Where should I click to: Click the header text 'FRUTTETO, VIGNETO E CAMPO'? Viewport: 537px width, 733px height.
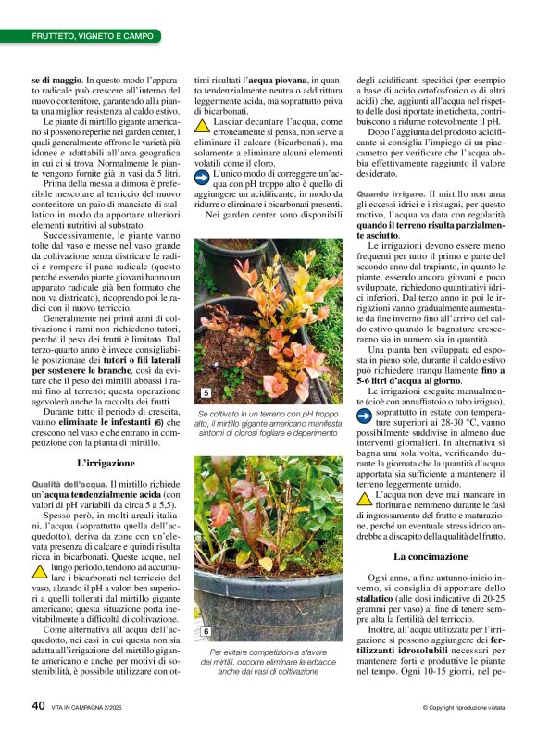coord(93,36)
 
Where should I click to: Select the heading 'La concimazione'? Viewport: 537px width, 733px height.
coord(430,556)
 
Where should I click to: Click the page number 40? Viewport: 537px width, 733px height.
coord(38,705)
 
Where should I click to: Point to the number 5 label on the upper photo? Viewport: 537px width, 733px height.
coord(206,393)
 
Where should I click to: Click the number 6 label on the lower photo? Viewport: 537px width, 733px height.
coord(206,631)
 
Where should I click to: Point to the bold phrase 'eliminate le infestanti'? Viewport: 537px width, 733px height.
coord(102,421)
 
